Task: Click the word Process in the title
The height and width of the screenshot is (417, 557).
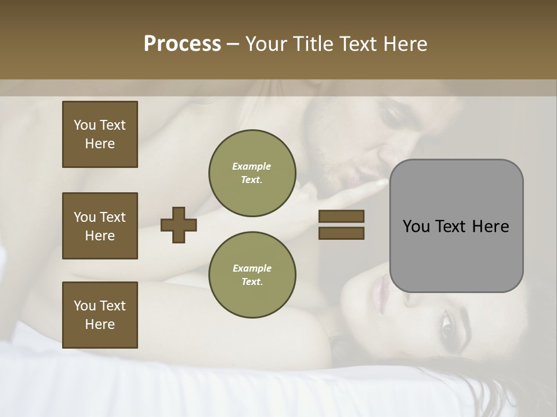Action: (182, 44)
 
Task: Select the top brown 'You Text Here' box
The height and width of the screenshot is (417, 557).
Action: (100, 134)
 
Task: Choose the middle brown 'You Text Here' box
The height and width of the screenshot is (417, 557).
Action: (100, 226)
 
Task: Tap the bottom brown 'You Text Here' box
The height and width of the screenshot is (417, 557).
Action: (100, 315)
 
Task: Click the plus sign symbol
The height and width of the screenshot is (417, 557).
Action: (179, 225)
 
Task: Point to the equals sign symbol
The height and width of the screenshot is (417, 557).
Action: (341, 225)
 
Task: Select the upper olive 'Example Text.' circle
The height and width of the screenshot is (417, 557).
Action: (252, 173)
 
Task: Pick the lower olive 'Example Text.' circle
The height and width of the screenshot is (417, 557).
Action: (252, 275)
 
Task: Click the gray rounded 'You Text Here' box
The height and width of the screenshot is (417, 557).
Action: (456, 226)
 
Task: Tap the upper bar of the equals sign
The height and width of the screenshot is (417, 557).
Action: (341, 216)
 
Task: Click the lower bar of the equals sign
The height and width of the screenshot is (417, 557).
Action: (341, 233)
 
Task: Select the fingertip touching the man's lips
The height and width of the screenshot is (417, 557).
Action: (381, 183)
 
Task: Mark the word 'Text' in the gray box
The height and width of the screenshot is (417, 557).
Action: (456, 226)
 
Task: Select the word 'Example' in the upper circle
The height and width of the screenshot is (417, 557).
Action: (252, 166)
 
